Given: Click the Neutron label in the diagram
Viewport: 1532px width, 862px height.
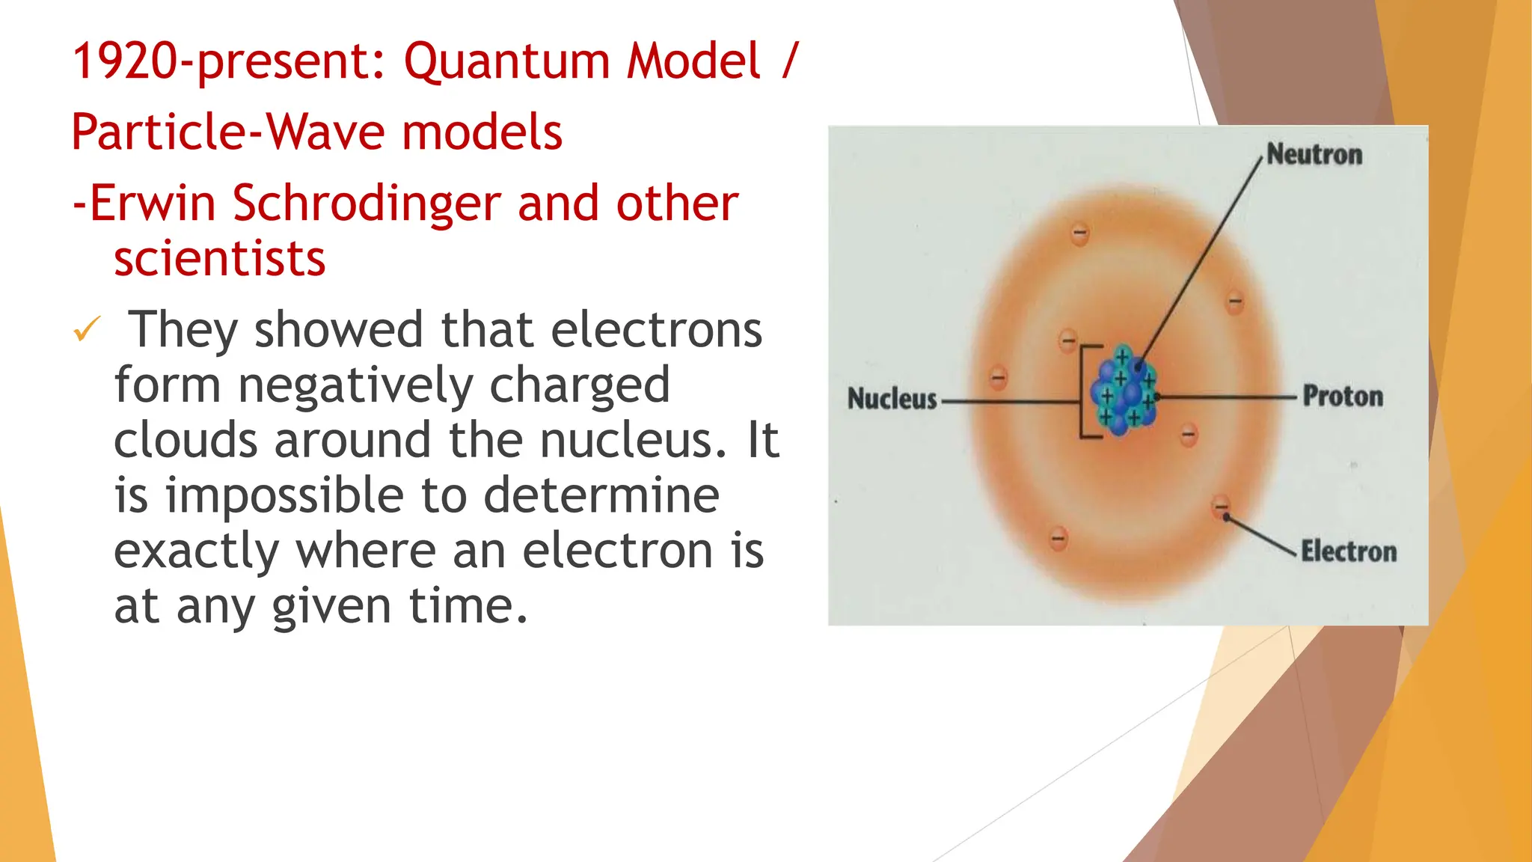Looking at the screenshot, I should click(x=1314, y=154).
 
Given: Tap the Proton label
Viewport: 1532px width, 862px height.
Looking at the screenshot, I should click(x=1343, y=396).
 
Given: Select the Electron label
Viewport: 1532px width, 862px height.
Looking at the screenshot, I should click(x=1349, y=551).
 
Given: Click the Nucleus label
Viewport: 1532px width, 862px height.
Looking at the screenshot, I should click(x=892, y=399).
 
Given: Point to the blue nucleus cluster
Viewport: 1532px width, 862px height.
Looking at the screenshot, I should click(x=1124, y=391).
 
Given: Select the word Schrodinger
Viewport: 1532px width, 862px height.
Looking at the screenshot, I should click(x=367, y=204).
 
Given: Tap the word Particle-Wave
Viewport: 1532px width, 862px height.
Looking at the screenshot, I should click(x=227, y=132).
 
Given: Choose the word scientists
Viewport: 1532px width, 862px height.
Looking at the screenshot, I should click(x=220, y=259).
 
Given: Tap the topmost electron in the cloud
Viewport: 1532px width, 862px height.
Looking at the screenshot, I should click(x=1079, y=233).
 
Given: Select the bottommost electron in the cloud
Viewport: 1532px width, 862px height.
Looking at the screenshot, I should click(x=1058, y=538).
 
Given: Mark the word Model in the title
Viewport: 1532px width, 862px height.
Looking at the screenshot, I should click(x=693, y=61).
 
